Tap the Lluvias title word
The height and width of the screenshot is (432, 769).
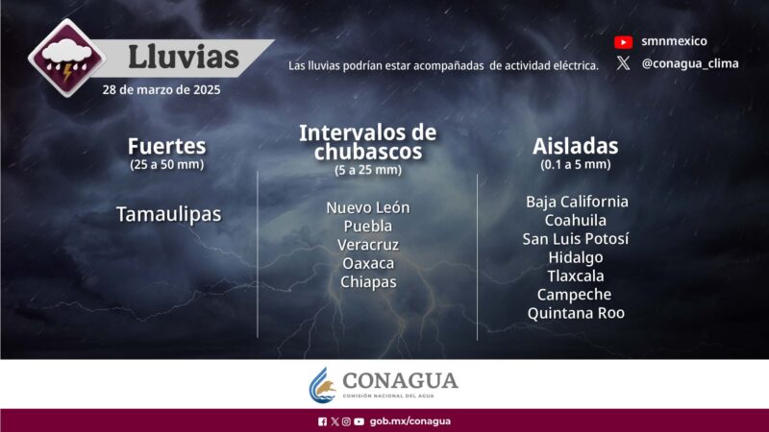(184, 57)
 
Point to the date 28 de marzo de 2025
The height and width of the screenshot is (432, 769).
(161, 90)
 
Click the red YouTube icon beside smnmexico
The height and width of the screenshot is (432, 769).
(623, 42)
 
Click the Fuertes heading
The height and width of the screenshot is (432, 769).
(166, 147)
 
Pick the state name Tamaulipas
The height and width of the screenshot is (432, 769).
(168, 215)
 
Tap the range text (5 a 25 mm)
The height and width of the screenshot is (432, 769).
(367, 170)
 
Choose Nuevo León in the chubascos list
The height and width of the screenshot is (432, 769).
(367, 207)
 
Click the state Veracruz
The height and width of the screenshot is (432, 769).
(367, 245)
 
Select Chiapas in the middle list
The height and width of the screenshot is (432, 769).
(367, 281)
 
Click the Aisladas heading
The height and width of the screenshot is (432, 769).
(575, 147)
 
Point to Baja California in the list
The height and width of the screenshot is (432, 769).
(577, 202)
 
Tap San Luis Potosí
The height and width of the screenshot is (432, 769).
(576, 239)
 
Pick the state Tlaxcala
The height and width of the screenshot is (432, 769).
(576, 276)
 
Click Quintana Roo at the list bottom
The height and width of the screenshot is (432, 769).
(576, 313)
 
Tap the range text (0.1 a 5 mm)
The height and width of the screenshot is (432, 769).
(575, 164)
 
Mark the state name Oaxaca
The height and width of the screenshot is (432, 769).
(367, 263)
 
